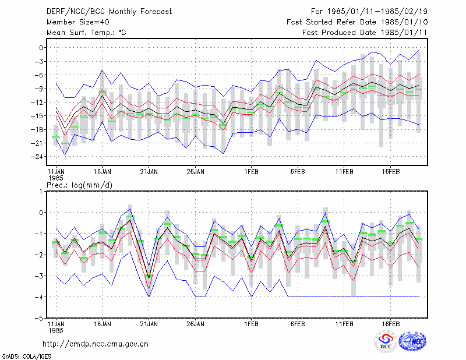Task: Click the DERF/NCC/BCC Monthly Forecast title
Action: click(x=109, y=12)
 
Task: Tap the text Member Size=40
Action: click(x=78, y=22)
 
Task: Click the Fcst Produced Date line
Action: click(x=365, y=33)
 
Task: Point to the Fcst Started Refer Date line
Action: click(x=357, y=22)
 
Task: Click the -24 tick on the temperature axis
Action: click(x=37, y=157)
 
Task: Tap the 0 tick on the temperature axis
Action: click(x=41, y=48)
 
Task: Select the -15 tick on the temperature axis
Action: click(x=37, y=116)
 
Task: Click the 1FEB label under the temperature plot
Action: click(x=251, y=172)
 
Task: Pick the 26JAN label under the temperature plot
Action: click(x=195, y=172)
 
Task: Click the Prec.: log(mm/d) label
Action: click(x=79, y=185)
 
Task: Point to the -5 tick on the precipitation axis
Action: click(x=38, y=318)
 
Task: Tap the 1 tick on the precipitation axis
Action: click(x=41, y=192)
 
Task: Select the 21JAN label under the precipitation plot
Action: click(x=149, y=324)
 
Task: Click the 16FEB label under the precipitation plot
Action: click(x=390, y=324)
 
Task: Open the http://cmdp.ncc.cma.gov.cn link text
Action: click(x=96, y=344)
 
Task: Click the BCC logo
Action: click(x=386, y=341)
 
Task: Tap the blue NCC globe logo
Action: click(x=412, y=341)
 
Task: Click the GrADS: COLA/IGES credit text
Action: click(x=26, y=357)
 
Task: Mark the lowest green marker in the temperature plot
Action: click(x=65, y=143)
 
